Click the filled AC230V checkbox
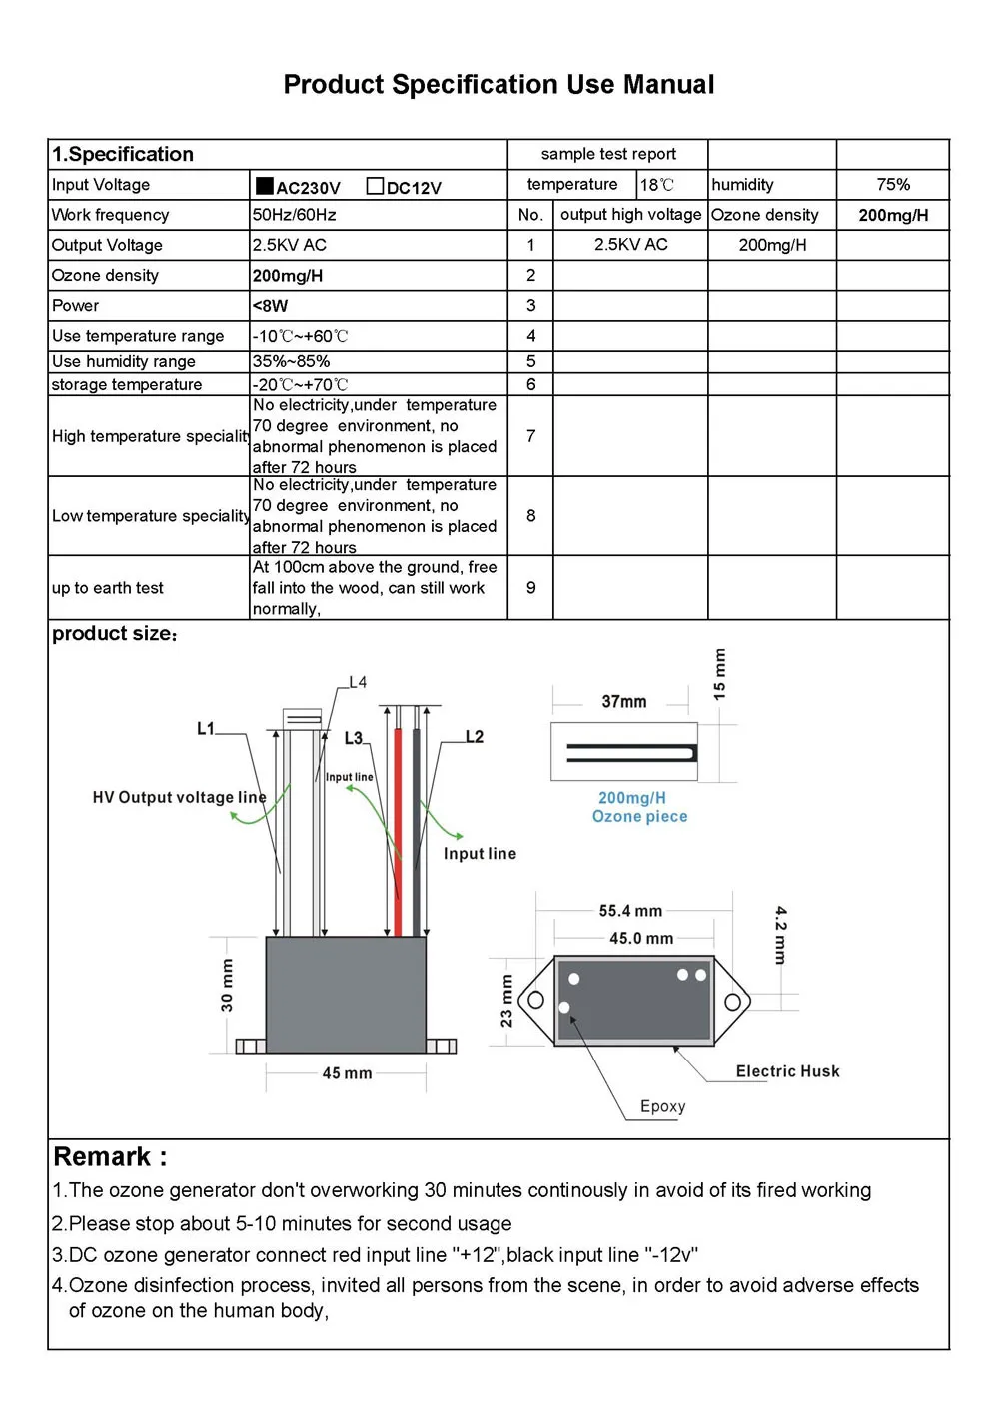tap(265, 186)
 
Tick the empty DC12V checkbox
tap(375, 186)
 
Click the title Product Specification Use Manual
tap(499, 85)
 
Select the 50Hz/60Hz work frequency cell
tap(295, 215)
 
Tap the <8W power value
tap(270, 306)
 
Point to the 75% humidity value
tap(893, 185)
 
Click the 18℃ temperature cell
tap(657, 185)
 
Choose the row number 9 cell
tap(530, 588)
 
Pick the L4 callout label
tap(358, 683)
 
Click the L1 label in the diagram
tap(206, 729)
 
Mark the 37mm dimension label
tap(623, 702)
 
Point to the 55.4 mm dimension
tap(630, 911)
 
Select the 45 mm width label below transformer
tap(347, 1073)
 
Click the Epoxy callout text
tap(662, 1106)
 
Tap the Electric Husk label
tap(787, 1071)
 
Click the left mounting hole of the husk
tap(536, 1000)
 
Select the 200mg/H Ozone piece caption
tap(639, 807)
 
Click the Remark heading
tap(110, 1157)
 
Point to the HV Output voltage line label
tap(179, 797)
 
